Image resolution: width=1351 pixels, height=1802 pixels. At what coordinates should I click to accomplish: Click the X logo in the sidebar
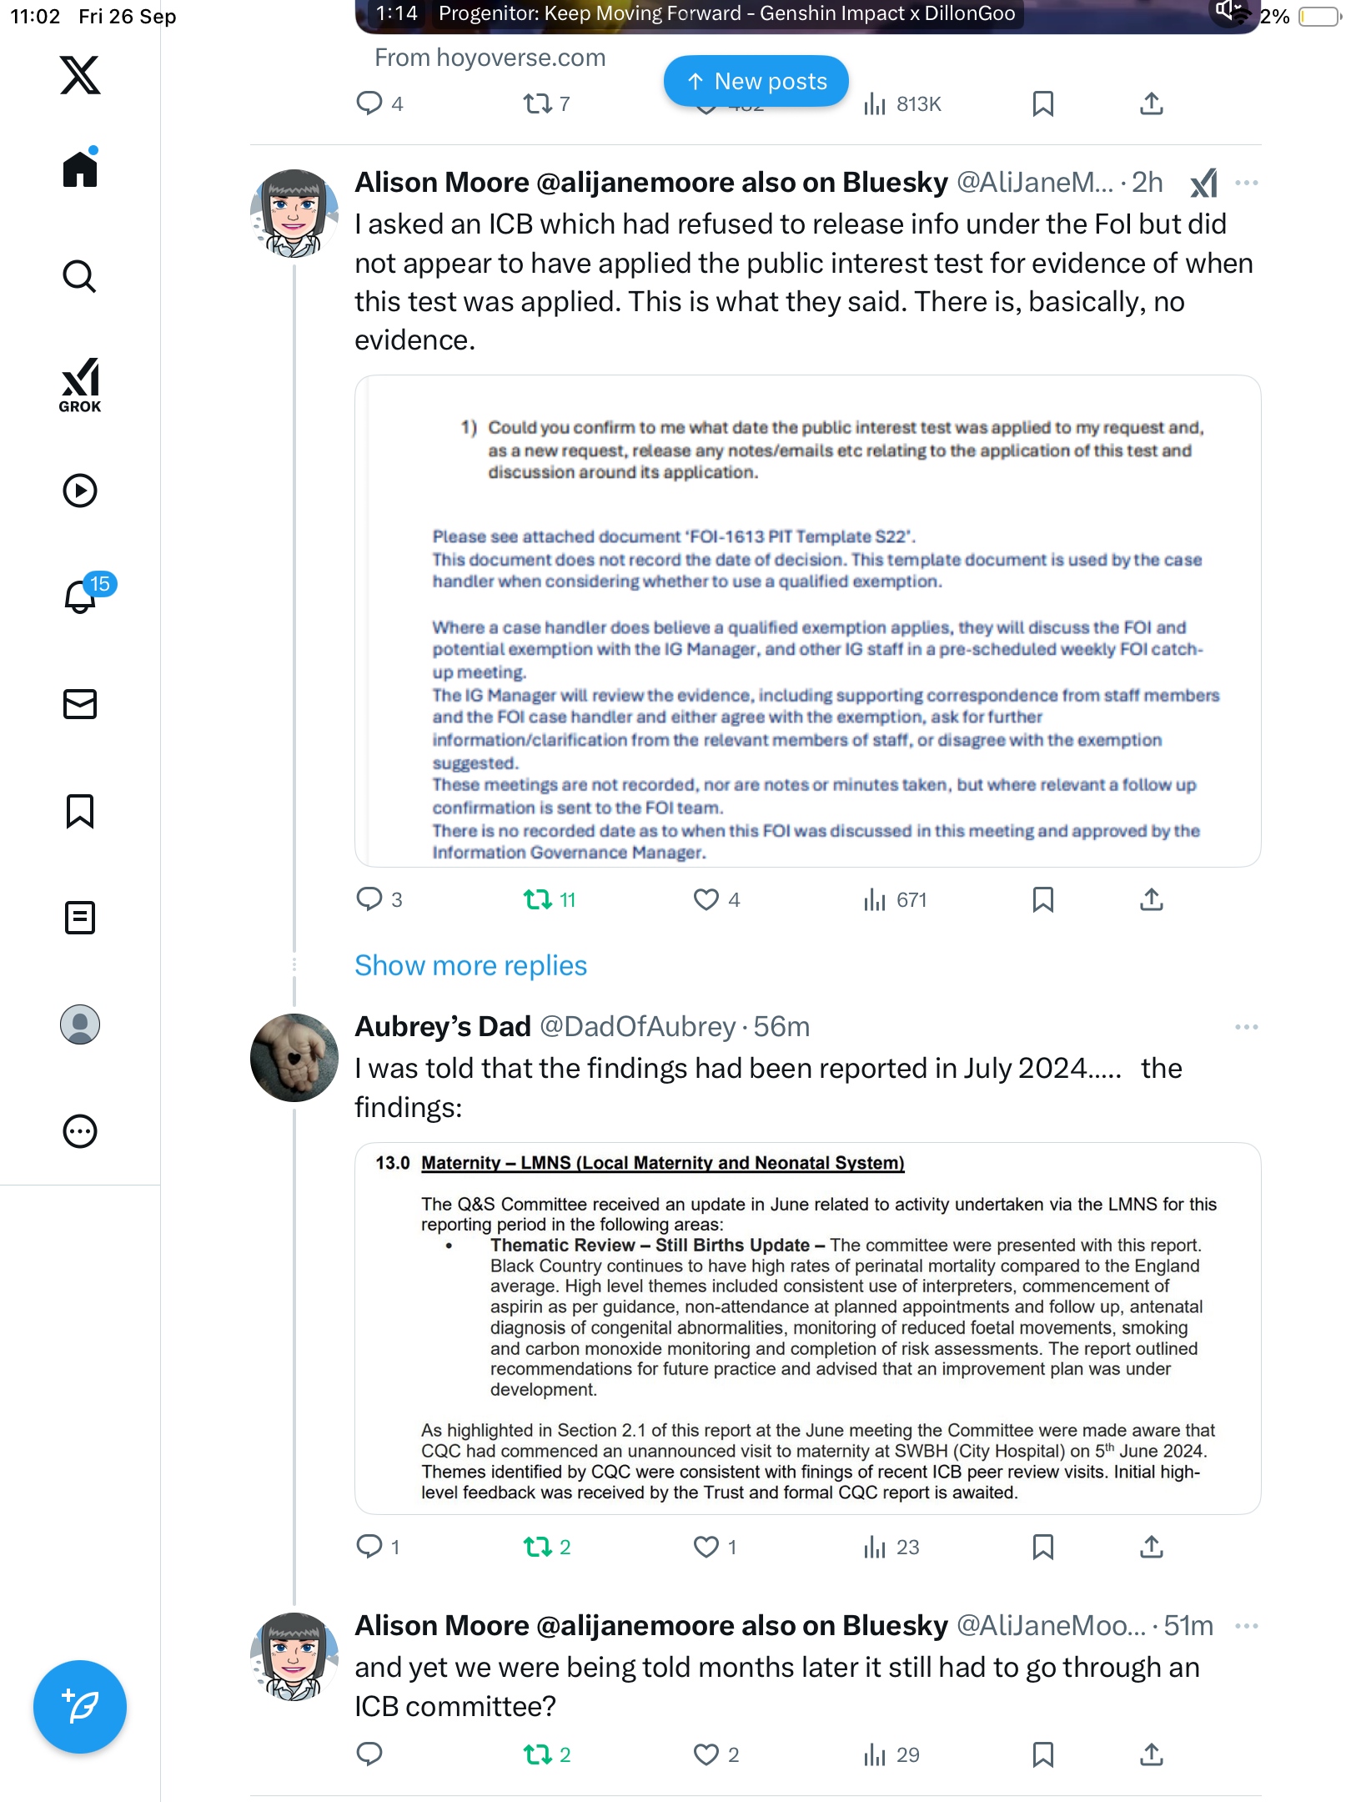80,75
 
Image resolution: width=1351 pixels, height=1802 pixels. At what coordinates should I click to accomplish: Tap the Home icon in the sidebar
80,169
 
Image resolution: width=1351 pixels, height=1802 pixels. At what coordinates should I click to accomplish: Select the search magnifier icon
80,276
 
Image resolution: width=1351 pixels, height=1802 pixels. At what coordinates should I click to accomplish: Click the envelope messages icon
80,704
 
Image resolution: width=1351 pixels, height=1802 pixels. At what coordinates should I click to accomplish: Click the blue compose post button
80,1707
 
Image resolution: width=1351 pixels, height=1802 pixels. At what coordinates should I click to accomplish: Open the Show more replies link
470,965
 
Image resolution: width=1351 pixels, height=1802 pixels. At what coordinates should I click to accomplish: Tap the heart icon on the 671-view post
706,899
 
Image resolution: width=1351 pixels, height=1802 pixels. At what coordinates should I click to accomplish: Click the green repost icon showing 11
537,899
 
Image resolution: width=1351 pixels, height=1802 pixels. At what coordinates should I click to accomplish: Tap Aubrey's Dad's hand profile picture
294,1057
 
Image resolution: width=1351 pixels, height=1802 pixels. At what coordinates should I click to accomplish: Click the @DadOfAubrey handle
637,1026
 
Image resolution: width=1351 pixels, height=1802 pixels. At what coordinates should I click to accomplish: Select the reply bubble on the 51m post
369,1754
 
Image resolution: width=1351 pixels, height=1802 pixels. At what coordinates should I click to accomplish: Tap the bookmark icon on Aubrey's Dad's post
1042,1547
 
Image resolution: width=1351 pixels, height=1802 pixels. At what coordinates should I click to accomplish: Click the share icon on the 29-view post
1151,1754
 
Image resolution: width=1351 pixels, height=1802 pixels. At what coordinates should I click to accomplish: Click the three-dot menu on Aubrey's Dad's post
1246,1027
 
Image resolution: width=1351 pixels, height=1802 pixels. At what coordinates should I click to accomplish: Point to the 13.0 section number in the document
393,1163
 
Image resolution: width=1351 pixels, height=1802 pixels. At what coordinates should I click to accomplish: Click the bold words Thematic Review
562,1245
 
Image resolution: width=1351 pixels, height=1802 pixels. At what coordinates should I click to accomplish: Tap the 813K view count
918,104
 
